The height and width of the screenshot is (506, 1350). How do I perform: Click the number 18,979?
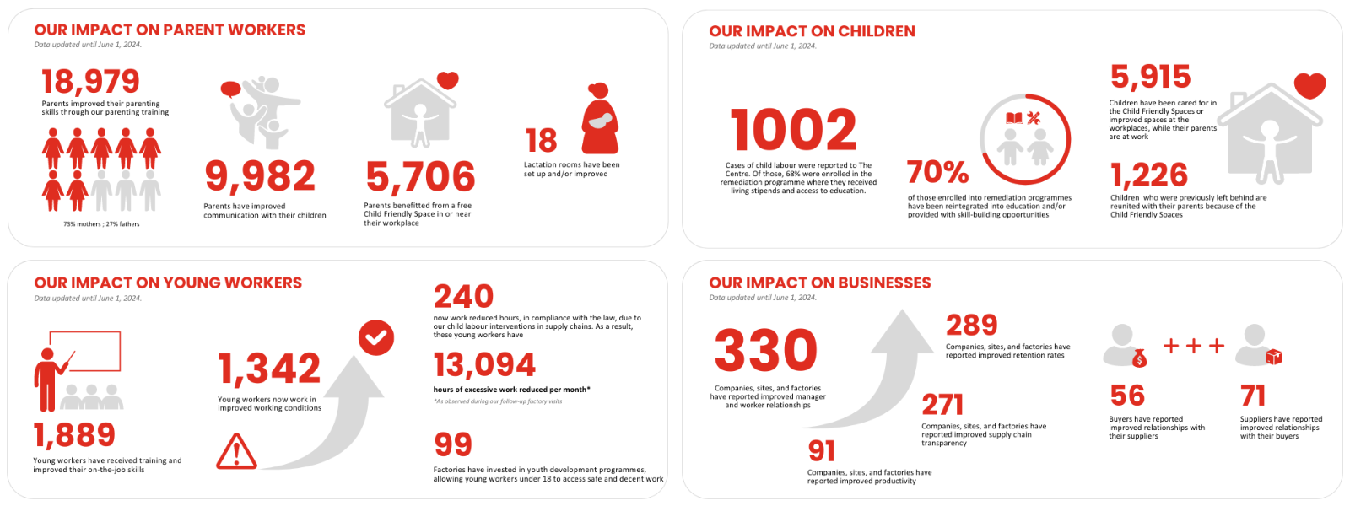[x=90, y=82]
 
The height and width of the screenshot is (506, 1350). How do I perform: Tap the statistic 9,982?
[x=260, y=176]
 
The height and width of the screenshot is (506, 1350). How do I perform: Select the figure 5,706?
[x=420, y=176]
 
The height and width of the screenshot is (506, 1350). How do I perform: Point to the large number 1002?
[x=793, y=131]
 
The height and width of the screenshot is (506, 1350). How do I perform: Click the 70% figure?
[x=937, y=172]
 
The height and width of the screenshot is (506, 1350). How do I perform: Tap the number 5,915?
[x=1150, y=78]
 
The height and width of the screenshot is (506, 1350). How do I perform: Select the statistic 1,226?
[x=1148, y=175]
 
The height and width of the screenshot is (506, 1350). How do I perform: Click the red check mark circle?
[x=375, y=337]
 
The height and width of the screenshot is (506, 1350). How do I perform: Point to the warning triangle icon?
[x=236, y=452]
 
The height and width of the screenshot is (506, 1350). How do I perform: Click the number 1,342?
[x=269, y=369]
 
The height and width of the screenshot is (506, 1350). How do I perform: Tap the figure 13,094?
[x=484, y=365]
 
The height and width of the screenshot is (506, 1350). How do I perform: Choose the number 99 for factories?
[x=453, y=444]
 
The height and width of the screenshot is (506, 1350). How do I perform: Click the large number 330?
[x=765, y=351]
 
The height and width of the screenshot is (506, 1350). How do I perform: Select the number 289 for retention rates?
[x=971, y=325]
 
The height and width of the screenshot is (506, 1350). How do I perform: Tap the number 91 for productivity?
[x=821, y=451]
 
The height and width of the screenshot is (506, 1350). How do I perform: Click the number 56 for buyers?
[x=1127, y=396]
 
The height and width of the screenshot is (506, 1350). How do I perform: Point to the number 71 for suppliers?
[x=1253, y=396]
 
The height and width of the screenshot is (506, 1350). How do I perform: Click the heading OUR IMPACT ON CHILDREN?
[x=812, y=31]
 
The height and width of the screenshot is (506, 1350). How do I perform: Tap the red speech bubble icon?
[x=230, y=89]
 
